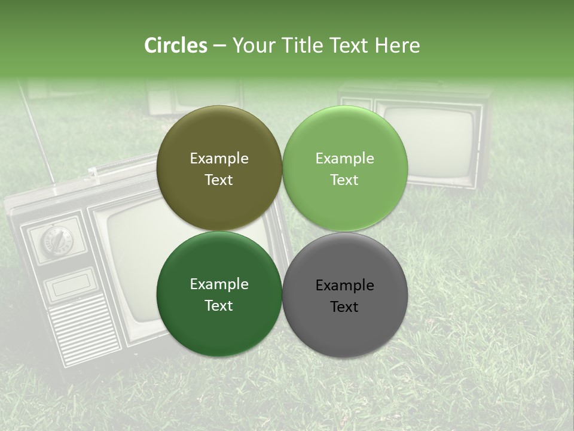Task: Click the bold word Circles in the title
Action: (x=175, y=45)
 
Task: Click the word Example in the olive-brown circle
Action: (x=219, y=158)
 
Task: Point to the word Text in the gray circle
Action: (x=344, y=306)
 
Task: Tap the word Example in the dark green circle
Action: (x=219, y=284)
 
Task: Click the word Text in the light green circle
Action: (x=344, y=180)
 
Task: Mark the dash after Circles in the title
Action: (x=219, y=45)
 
